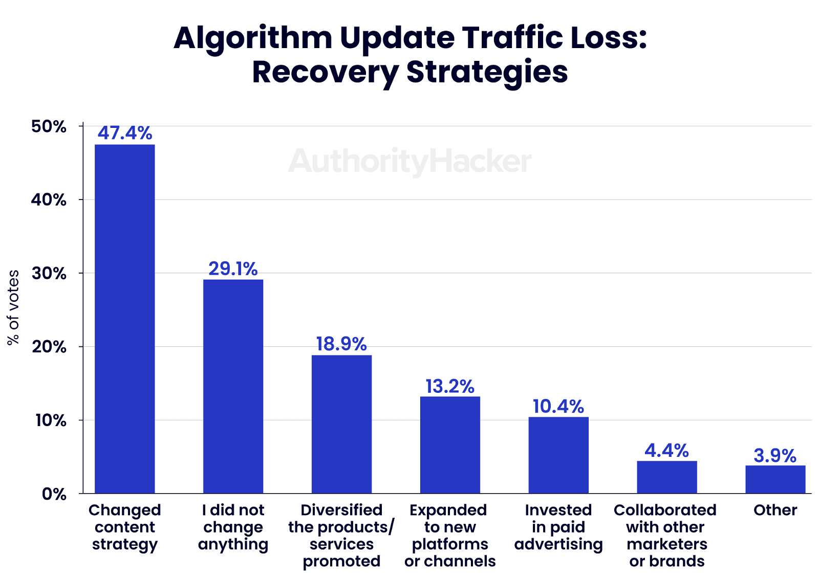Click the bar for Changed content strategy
click(125, 319)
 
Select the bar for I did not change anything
click(233, 386)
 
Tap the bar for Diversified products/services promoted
click(341, 424)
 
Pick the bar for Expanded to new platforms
click(450, 445)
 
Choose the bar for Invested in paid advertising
click(558, 455)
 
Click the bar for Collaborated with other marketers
click(667, 477)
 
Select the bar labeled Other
click(775, 479)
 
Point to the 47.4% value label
click(125, 133)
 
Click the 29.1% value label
click(233, 269)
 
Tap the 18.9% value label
click(341, 344)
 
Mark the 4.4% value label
click(667, 450)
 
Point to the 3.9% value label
click(775, 455)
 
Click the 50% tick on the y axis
click(49, 126)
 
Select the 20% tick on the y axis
click(49, 347)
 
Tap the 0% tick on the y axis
click(54, 494)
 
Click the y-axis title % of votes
click(13, 307)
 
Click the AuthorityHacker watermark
click(409, 161)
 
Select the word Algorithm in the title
click(253, 38)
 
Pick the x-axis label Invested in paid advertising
click(558, 527)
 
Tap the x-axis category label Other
click(775, 510)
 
